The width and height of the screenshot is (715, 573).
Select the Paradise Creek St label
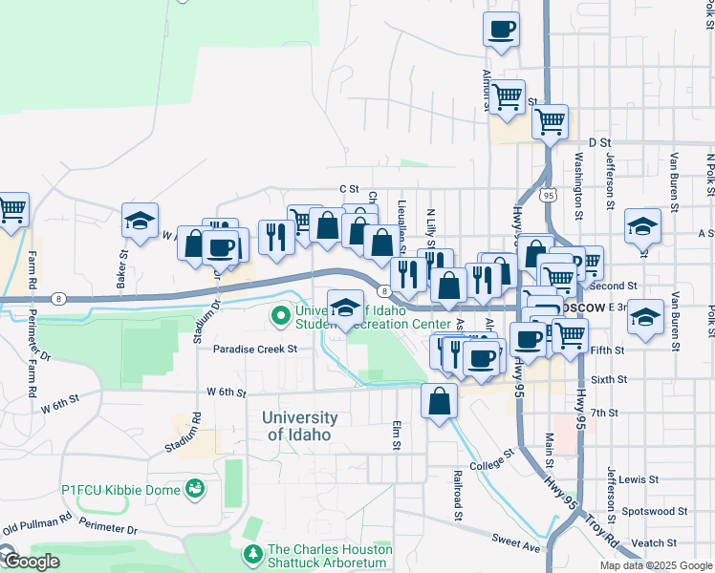coord(255,350)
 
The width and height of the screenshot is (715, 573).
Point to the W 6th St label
coord(227,393)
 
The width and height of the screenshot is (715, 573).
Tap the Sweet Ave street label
coord(517,542)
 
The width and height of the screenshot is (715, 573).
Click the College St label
coord(492,460)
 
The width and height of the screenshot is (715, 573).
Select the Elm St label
coord(395,437)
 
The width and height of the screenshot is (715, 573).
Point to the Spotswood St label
coord(655,511)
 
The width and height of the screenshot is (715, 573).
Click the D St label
coord(599,142)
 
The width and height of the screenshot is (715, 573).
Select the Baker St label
coord(122,268)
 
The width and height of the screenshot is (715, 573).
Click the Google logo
coord(31,562)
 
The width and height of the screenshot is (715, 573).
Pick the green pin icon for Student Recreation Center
coord(281,314)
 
